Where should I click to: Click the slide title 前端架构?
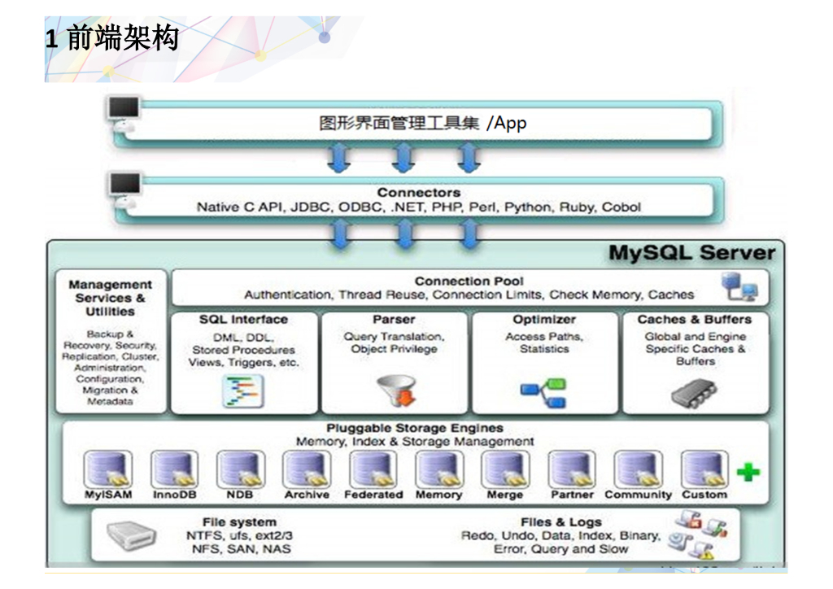click(122, 38)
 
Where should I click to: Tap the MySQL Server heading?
click(691, 253)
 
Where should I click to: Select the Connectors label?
click(418, 193)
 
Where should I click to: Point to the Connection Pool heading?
click(469, 281)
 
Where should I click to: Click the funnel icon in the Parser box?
click(396, 390)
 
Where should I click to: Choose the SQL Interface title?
click(243, 320)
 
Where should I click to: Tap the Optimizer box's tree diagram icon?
click(543, 392)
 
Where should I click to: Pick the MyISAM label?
click(108, 495)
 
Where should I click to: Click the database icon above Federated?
click(373, 469)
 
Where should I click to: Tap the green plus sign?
click(748, 472)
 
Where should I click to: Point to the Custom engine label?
click(704, 495)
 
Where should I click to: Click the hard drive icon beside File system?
click(131, 535)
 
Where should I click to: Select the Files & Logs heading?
click(561, 521)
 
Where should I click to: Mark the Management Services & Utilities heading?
click(111, 298)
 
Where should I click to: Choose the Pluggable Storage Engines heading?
click(415, 428)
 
